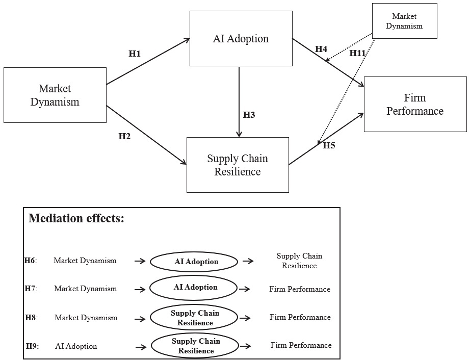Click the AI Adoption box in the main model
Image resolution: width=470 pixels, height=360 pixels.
pyautogui.click(x=241, y=39)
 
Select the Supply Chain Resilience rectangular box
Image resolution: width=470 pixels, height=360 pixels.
pyautogui.click(x=238, y=165)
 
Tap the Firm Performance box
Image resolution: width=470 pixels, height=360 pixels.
pyautogui.click(x=415, y=104)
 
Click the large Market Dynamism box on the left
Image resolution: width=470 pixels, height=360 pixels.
pyautogui.click(x=55, y=95)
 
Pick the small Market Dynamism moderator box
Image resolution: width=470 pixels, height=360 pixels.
pyautogui.click(x=404, y=21)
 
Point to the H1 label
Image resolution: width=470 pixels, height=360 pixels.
pyautogui.click(x=135, y=54)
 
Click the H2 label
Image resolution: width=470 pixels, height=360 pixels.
pyautogui.click(x=124, y=136)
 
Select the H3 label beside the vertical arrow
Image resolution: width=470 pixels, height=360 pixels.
pyautogui.click(x=249, y=115)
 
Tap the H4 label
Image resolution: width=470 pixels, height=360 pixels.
pyautogui.click(x=321, y=49)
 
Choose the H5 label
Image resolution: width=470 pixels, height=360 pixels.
pyautogui.click(x=329, y=146)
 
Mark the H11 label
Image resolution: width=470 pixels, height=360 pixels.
pyautogui.click(x=358, y=53)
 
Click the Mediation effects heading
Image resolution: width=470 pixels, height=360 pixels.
pyautogui.click(x=76, y=219)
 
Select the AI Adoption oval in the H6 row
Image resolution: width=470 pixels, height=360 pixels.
pyautogui.click(x=194, y=262)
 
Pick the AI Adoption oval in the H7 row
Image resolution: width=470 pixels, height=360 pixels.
pyautogui.click(x=194, y=287)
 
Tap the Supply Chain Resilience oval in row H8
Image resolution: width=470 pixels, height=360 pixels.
pyautogui.click(x=194, y=318)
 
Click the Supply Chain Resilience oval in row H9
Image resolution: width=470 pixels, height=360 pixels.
pyautogui.click(x=195, y=346)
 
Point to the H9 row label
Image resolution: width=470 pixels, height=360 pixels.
pyautogui.click(x=32, y=346)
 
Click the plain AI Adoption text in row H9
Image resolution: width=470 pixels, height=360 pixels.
pyautogui.click(x=76, y=346)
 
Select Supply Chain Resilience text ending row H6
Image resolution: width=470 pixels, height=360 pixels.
pyautogui.click(x=299, y=261)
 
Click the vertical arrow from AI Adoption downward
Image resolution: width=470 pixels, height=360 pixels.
pyautogui.click(x=239, y=102)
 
